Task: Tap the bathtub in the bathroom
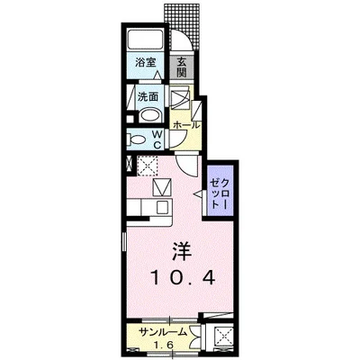[x=147, y=40]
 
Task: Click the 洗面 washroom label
[x=148, y=96]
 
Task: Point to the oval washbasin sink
[x=149, y=114]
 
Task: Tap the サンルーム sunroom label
[x=165, y=332]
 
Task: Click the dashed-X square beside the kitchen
[x=148, y=166]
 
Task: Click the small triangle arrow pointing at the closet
[x=200, y=191]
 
